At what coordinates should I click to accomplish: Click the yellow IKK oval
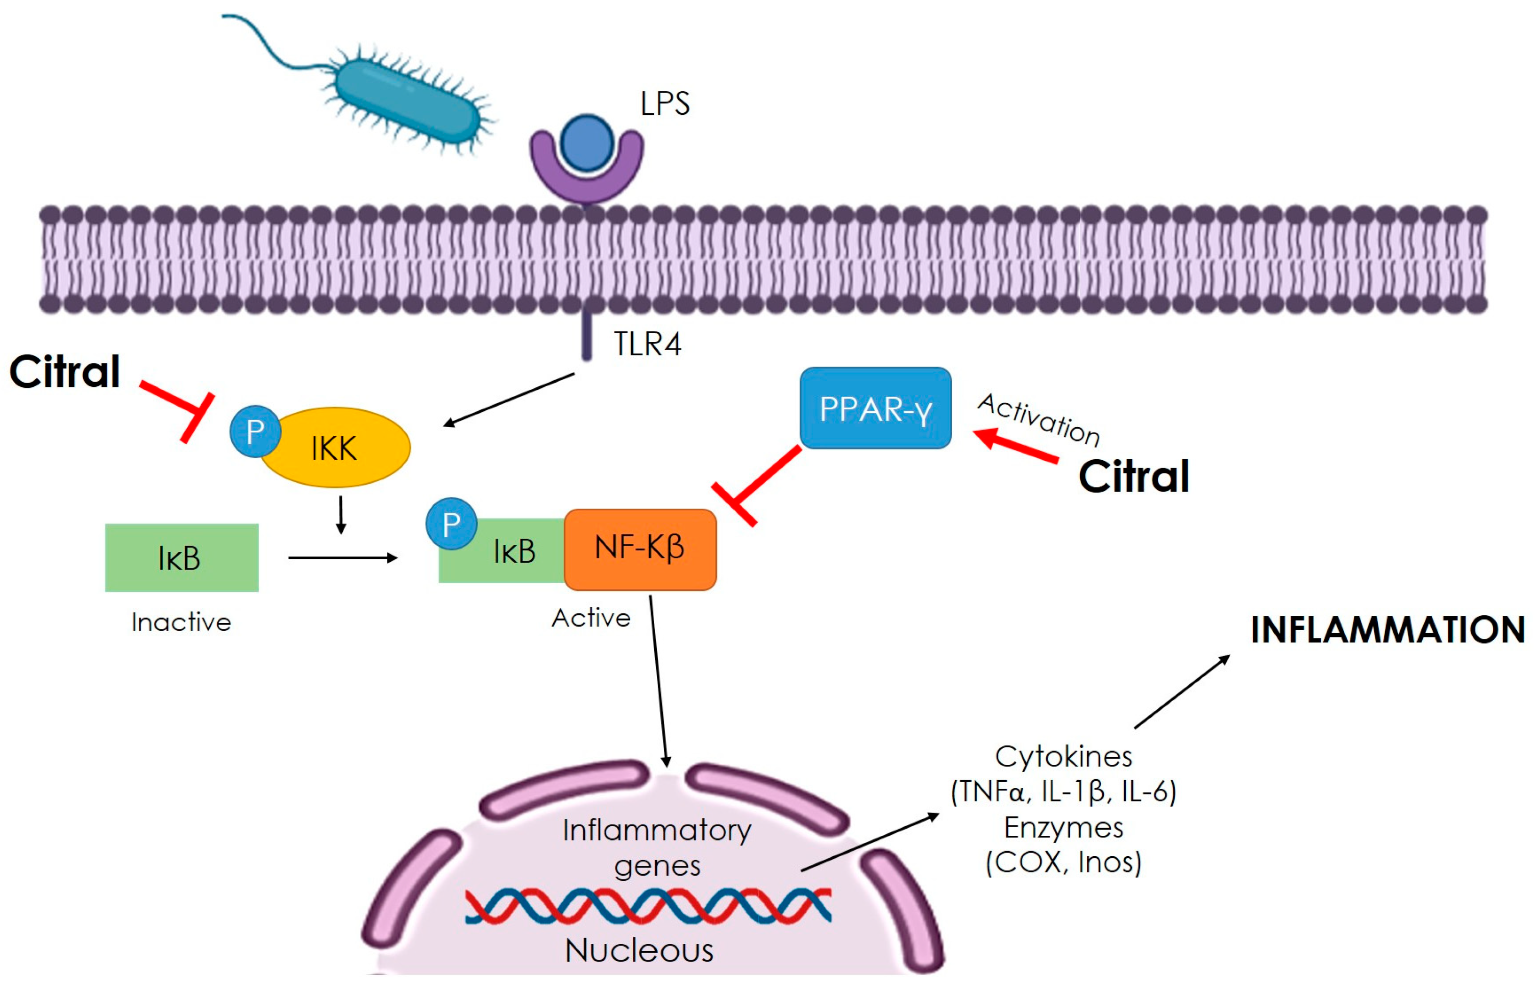point(335,448)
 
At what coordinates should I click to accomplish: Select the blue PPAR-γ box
point(876,408)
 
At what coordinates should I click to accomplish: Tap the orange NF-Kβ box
point(640,550)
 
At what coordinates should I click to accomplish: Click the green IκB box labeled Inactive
point(182,558)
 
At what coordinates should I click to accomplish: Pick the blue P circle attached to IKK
point(255,431)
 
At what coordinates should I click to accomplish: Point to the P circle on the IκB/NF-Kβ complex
point(451,524)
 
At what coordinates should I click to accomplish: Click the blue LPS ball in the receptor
point(587,143)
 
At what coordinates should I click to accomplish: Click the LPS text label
point(664,103)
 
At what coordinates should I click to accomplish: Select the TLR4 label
point(647,344)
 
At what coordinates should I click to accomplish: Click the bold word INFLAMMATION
point(1388,630)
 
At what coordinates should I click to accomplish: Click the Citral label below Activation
point(1134,477)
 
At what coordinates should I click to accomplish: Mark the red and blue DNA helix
point(648,905)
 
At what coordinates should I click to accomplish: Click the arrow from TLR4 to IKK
point(509,400)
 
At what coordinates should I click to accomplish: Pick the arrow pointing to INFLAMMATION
point(1182,692)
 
